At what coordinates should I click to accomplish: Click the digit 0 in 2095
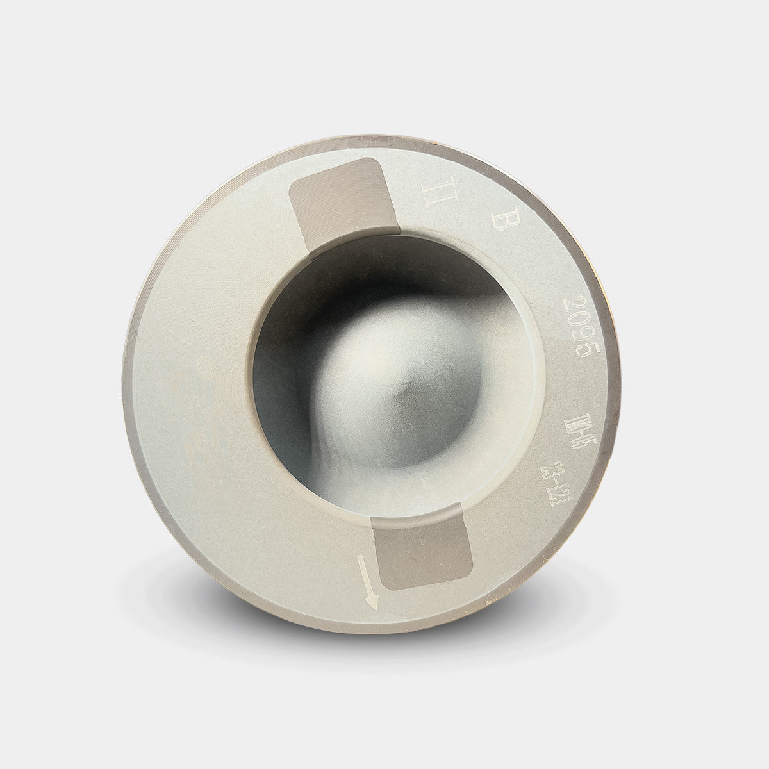579,318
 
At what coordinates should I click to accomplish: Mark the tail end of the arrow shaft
362,558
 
